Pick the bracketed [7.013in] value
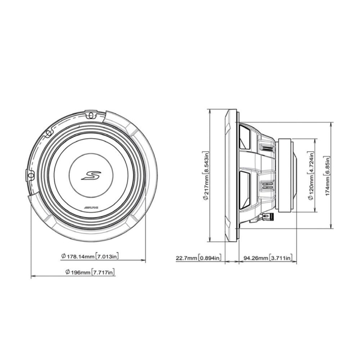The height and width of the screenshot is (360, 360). (107, 256)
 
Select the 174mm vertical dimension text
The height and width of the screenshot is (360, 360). (328, 192)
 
